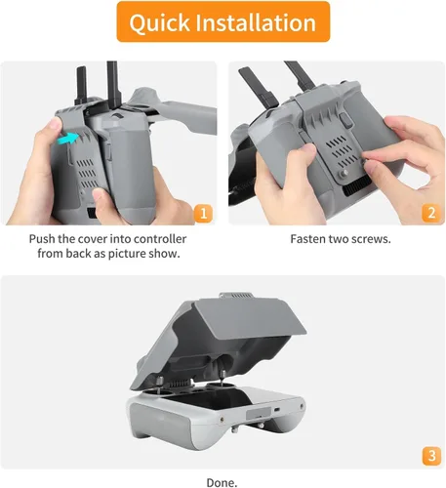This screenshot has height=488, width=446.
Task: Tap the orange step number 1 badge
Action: click(202, 213)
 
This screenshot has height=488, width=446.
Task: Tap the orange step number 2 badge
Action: click(429, 213)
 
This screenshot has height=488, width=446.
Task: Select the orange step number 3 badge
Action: click(429, 455)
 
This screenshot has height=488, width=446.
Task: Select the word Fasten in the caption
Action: click(311, 239)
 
